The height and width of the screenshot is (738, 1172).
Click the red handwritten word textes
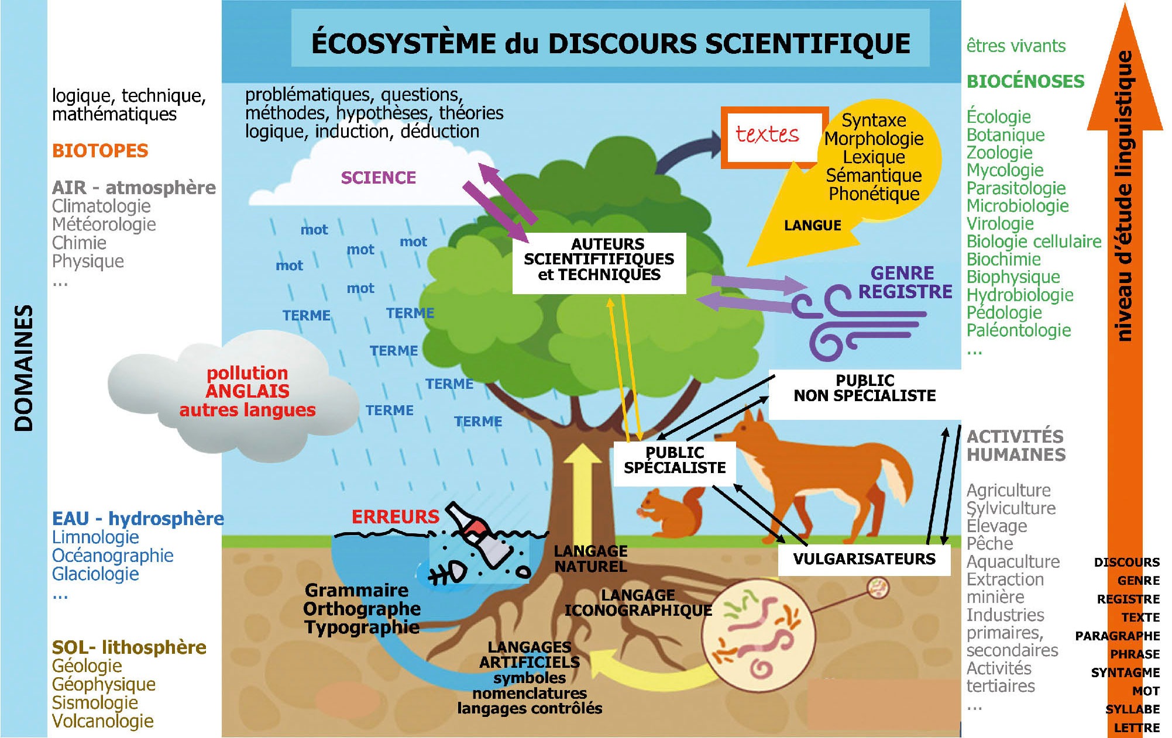pos(767,135)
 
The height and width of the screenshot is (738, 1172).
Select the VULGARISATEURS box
pos(864,559)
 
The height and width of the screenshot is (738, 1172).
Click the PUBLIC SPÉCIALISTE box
pos(674,461)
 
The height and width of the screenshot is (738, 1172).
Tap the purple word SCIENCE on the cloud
pos(379,178)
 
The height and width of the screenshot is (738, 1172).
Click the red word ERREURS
pos(395,517)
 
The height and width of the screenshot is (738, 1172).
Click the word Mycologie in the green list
pos(1005,170)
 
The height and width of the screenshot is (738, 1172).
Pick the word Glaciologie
pos(95,574)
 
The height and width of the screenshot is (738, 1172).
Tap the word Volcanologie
pos(102,721)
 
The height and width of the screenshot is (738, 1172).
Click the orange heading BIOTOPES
pos(100,151)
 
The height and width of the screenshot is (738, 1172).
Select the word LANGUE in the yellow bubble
pos(812,226)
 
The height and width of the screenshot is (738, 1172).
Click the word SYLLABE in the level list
pos(1132,709)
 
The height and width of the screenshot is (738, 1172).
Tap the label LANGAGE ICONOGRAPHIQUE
pos(638,603)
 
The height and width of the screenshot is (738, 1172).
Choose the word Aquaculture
pos(1013,562)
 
